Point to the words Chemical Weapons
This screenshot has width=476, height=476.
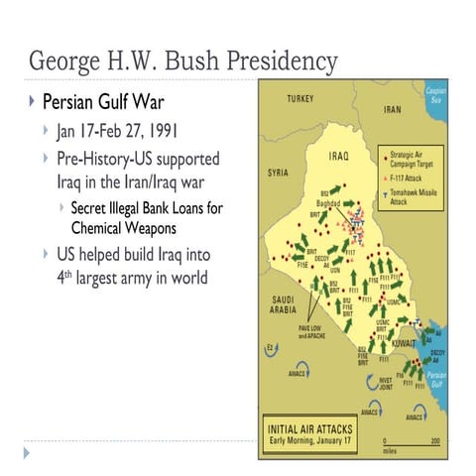123,226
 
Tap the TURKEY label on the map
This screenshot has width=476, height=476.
299,99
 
